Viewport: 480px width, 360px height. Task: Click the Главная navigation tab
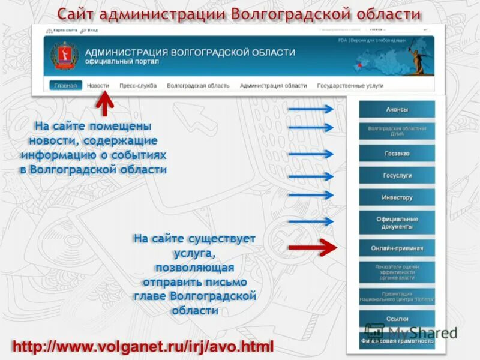coord(65,86)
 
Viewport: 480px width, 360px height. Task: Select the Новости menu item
coord(98,86)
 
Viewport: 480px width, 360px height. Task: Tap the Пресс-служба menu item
coord(138,86)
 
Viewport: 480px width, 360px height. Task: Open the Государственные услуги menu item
coord(350,86)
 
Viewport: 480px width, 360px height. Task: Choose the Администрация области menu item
coord(273,86)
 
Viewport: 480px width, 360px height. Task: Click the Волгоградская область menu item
coord(198,86)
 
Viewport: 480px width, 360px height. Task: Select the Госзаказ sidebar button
coord(397,154)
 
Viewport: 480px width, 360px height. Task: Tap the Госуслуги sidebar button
coord(397,176)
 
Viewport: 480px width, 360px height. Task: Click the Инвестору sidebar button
coord(397,197)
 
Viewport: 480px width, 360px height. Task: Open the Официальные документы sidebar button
coord(397,223)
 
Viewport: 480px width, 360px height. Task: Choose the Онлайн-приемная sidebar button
coord(397,248)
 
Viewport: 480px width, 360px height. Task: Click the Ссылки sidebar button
coord(397,319)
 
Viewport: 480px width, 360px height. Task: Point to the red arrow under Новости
coord(105,106)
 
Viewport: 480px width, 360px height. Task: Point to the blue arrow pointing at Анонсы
coord(310,109)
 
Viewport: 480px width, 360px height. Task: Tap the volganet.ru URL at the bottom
coord(143,346)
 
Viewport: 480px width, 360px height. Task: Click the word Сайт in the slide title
coord(79,14)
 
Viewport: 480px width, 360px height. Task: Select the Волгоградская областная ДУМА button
coord(397,131)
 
